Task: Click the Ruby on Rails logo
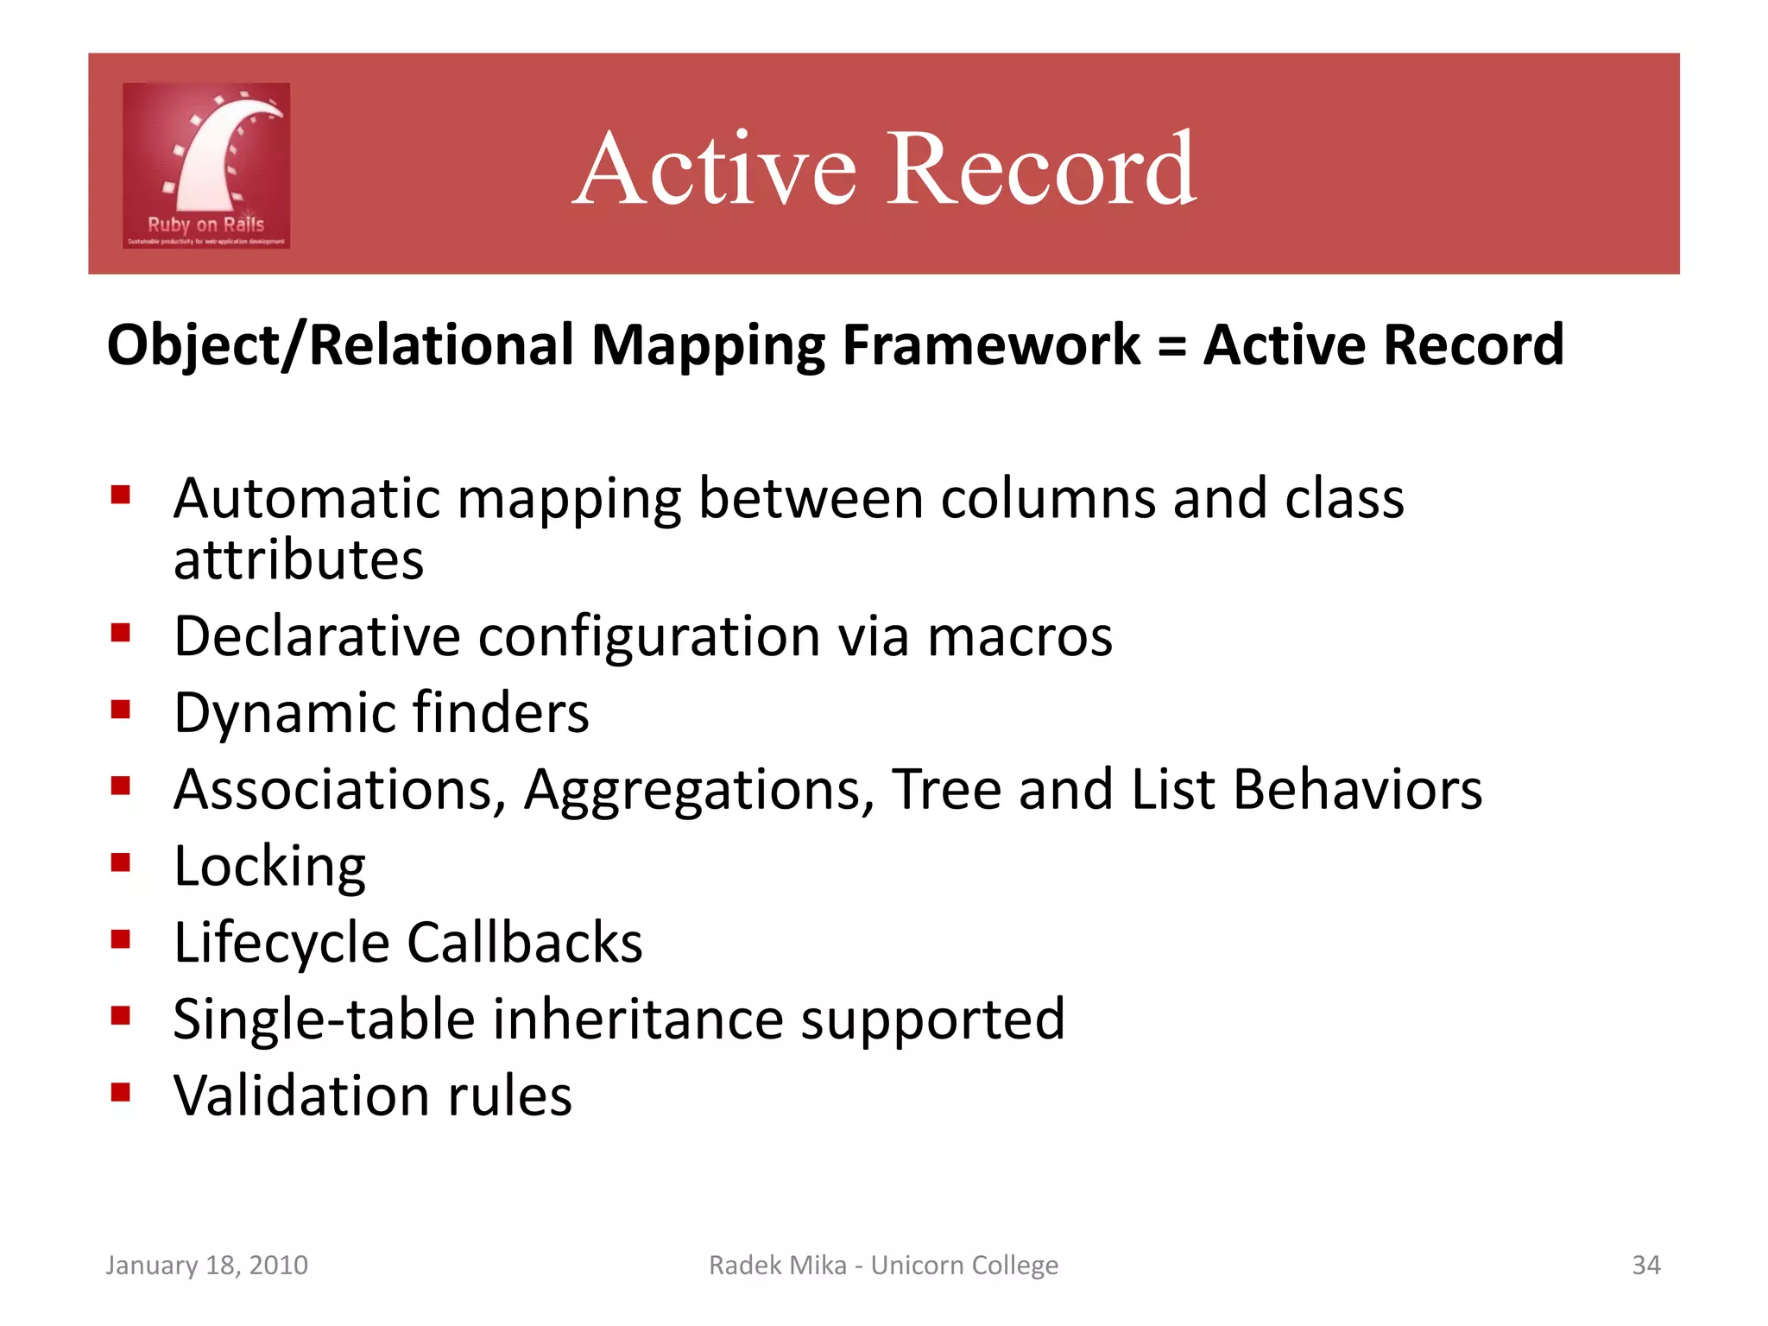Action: click(206, 166)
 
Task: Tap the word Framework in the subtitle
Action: click(990, 345)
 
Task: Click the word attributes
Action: click(299, 560)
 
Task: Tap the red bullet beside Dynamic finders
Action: click(121, 710)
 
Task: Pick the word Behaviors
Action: click(1357, 789)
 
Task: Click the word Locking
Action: click(269, 867)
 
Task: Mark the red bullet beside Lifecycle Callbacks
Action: click(121, 938)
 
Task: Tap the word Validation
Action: click(301, 1096)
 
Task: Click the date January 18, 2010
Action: click(206, 1265)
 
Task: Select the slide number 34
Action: click(1645, 1265)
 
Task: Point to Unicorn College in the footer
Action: click(963, 1265)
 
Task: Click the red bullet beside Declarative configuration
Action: click(121, 634)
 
